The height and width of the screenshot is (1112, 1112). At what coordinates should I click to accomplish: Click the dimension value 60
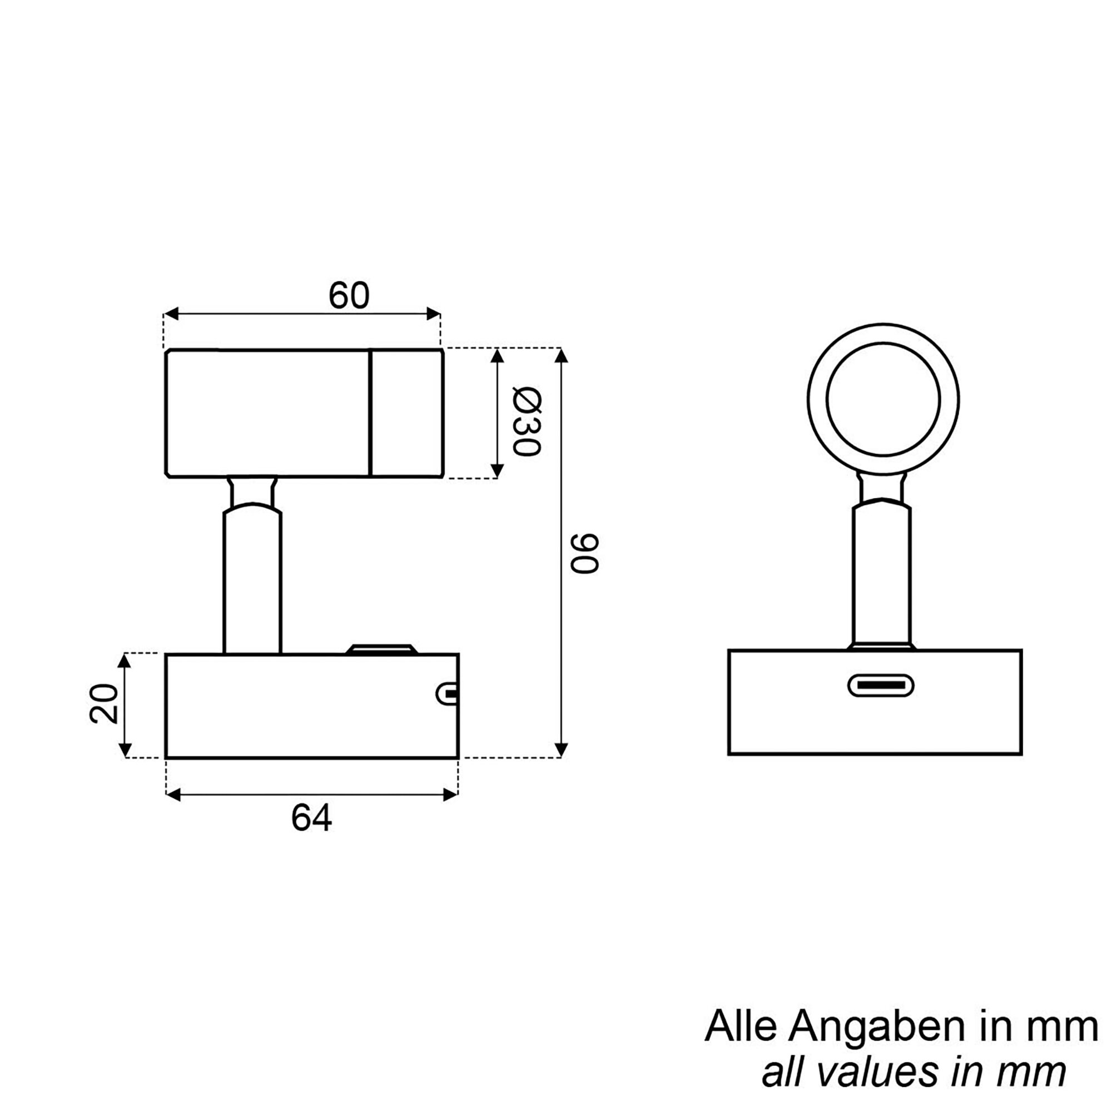(x=348, y=296)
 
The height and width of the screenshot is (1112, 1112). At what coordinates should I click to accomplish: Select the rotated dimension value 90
(x=585, y=553)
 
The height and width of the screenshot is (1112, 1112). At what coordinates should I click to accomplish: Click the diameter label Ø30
(x=527, y=422)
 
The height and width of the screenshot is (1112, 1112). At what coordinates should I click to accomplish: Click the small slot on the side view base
(x=447, y=693)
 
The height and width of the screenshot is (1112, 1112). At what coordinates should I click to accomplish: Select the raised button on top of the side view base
(x=380, y=649)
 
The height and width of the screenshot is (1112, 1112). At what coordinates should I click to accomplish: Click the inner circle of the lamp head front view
(x=883, y=399)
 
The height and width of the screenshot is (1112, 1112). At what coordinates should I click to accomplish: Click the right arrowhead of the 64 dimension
(x=451, y=796)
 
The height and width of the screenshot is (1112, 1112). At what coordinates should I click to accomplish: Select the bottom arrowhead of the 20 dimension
(x=125, y=751)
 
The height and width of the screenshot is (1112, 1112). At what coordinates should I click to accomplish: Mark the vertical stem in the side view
(x=252, y=582)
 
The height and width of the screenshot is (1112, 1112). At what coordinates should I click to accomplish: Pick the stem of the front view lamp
(x=882, y=575)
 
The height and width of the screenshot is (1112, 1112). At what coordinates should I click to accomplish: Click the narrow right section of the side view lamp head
(x=406, y=413)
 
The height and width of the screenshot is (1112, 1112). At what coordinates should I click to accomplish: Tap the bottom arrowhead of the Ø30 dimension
(x=497, y=471)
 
